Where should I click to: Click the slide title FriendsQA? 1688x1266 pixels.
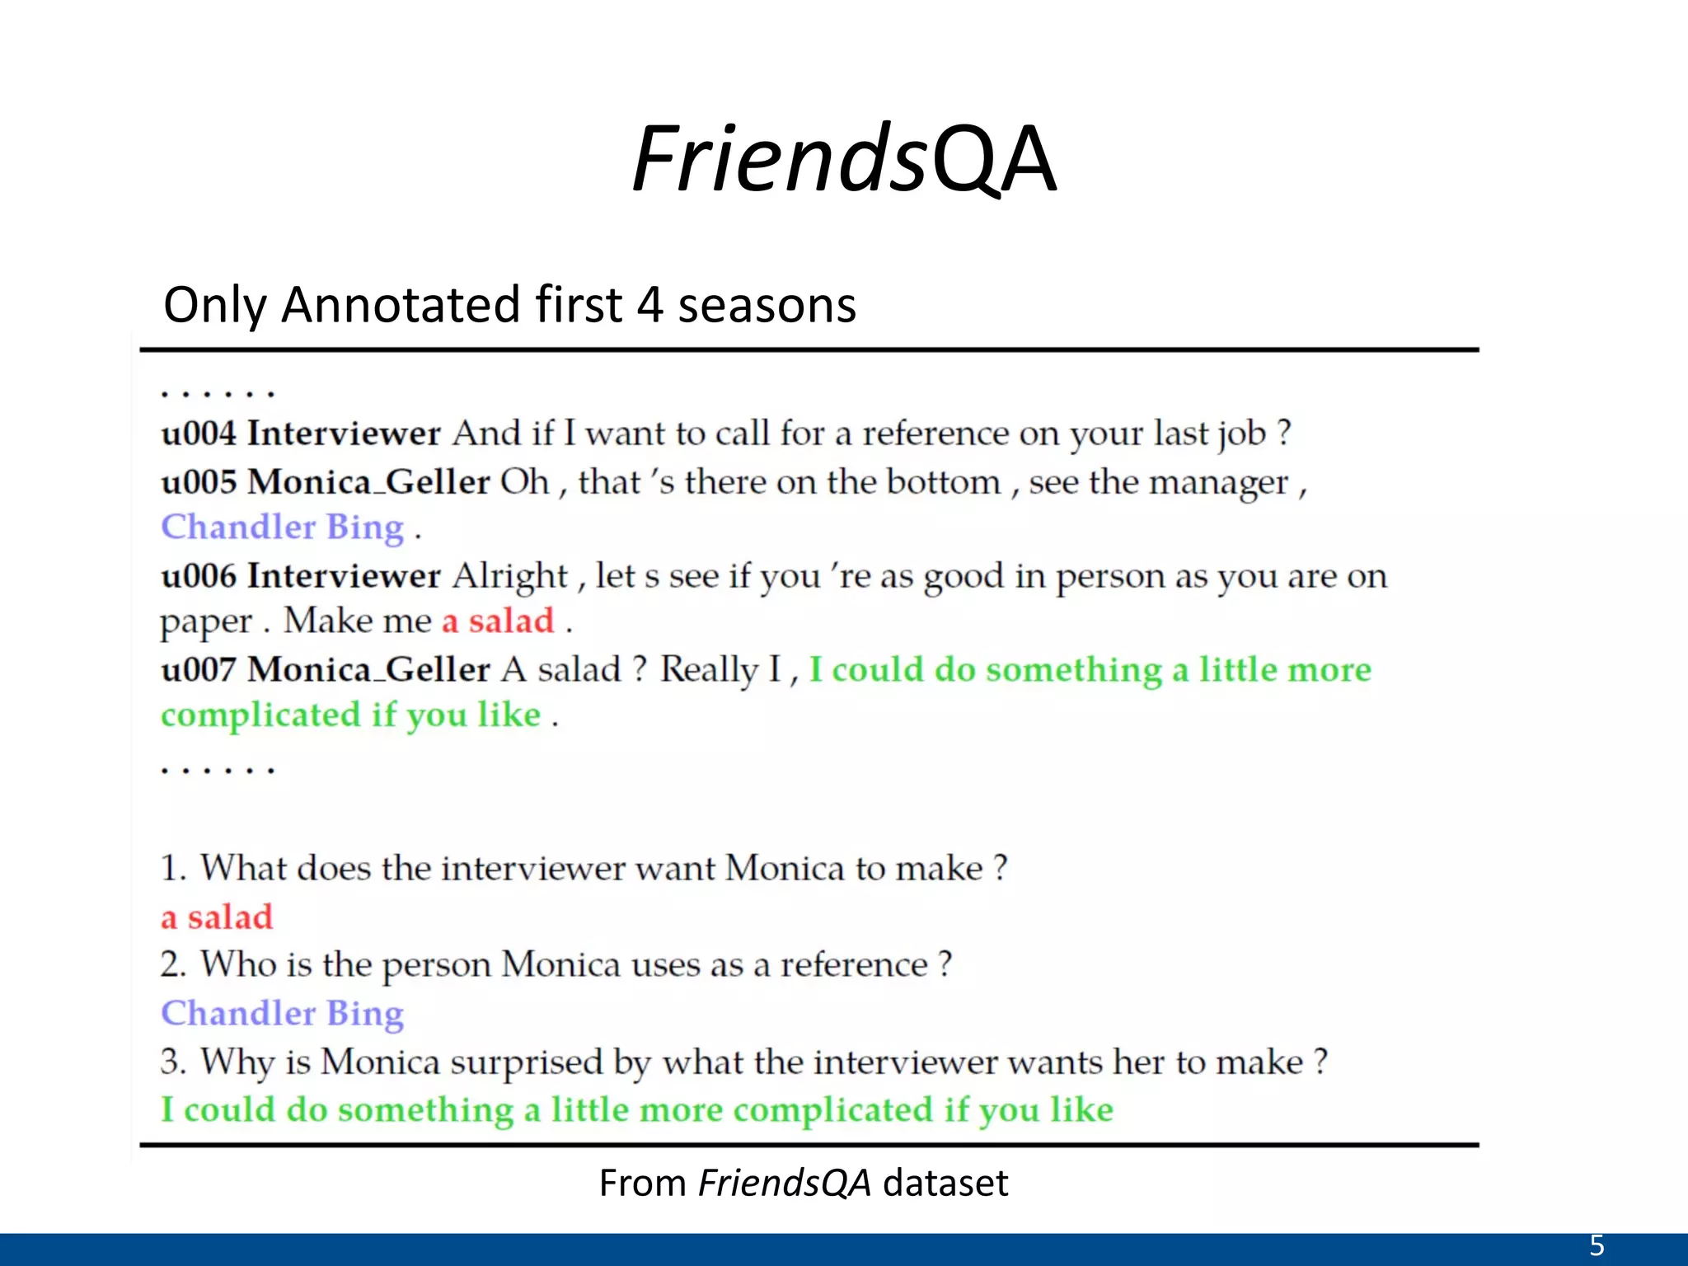pyautogui.click(x=843, y=158)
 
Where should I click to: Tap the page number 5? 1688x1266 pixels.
pyautogui.click(x=1597, y=1245)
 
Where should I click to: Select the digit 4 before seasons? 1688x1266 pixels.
pyautogui.click(x=649, y=304)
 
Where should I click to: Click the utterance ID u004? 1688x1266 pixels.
pyautogui.click(x=198, y=434)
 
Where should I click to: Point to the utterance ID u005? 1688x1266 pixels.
pyautogui.click(x=198, y=481)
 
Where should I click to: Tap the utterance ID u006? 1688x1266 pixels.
pyautogui.click(x=198, y=575)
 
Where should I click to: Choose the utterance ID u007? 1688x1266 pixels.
pyautogui.click(x=198, y=669)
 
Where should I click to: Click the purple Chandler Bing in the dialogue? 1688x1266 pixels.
pyautogui.click(x=282, y=527)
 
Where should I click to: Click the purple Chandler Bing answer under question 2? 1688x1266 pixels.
pyautogui.click(x=282, y=1013)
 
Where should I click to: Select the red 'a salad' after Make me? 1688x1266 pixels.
pyautogui.click(x=498, y=621)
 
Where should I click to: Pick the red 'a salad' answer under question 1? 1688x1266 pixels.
pyautogui.click(x=217, y=917)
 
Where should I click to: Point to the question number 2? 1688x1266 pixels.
pyautogui.click(x=171, y=964)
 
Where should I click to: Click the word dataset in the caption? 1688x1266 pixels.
pyautogui.click(x=945, y=1183)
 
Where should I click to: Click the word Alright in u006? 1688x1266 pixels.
pyautogui.click(x=510, y=576)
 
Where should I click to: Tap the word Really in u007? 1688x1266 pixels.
pyautogui.click(x=709, y=670)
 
